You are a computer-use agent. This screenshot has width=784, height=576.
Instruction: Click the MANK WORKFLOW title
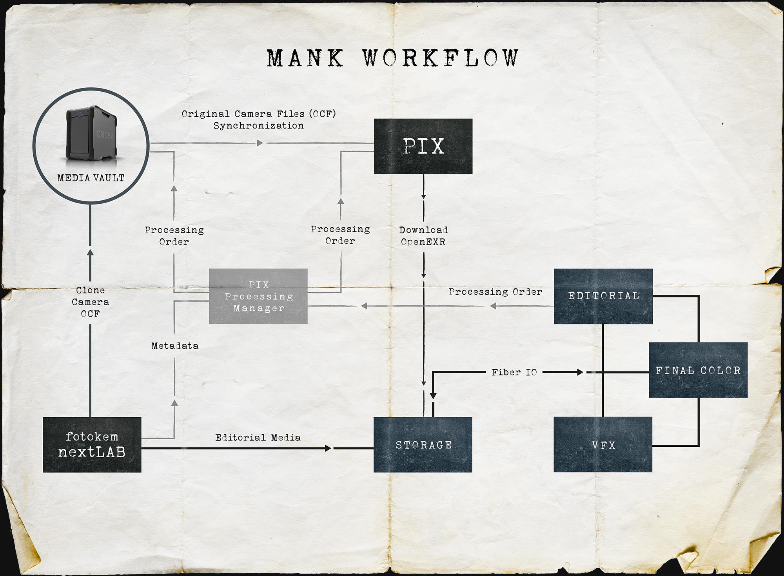click(393, 58)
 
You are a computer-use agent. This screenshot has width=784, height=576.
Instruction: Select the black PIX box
click(423, 146)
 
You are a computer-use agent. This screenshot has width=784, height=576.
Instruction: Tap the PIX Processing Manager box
click(258, 296)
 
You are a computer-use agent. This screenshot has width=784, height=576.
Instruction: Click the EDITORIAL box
click(603, 296)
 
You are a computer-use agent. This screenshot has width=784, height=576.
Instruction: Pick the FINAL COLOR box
click(698, 370)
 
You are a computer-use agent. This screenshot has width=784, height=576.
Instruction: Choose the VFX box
click(603, 444)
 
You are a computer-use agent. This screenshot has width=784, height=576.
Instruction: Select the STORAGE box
click(423, 444)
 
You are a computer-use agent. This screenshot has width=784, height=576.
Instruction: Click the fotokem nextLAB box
click(92, 444)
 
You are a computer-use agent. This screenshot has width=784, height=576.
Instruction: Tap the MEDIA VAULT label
click(91, 178)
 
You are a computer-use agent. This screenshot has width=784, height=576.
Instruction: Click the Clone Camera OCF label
click(90, 302)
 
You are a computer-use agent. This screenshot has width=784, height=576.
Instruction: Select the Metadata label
click(175, 346)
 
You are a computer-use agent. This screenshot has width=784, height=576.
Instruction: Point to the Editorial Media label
click(258, 437)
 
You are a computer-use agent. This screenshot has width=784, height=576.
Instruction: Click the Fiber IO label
click(514, 372)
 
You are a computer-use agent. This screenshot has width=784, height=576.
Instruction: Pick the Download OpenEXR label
click(423, 236)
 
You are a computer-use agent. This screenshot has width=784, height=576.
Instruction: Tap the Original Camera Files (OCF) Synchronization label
click(259, 120)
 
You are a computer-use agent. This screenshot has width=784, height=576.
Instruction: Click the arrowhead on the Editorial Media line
click(328, 448)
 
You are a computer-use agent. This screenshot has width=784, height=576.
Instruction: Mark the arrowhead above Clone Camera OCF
click(90, 253)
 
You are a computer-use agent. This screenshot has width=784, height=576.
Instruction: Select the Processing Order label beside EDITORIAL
click(495, 292)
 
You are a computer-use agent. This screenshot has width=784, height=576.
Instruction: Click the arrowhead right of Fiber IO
click(580, 372)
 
